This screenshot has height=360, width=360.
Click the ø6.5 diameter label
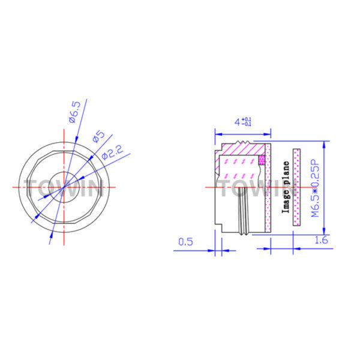coord(75,112)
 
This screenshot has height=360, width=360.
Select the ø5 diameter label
coord(98,136)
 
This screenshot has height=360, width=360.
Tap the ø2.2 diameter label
coord(113,152)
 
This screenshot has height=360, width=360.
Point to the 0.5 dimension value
coord(185,242)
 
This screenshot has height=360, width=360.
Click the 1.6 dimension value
coord(321,240)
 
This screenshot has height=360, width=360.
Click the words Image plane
coord(286,187)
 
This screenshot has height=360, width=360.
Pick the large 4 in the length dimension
coord(238,122)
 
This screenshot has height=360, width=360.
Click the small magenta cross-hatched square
coord(262,160)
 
